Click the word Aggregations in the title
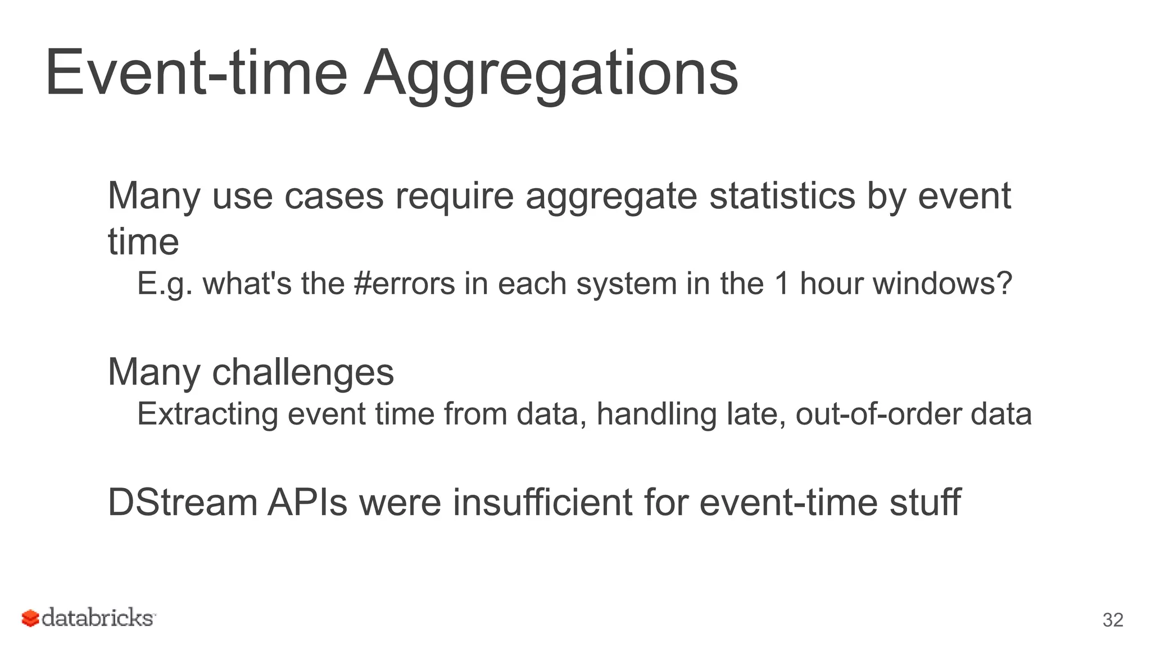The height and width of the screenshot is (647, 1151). coord(551,74)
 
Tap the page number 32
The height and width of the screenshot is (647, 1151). coord(1113,619)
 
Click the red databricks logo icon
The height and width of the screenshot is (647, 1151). coord(30,618)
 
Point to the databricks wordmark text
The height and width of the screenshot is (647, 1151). coord(97,618)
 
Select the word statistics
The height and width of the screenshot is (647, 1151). coord(782,196)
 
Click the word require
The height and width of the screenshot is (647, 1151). coord(454,196)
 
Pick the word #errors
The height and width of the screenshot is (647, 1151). coord(405,283)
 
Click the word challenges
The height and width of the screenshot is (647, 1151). coord(303,372)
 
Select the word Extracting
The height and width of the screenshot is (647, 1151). coord(208,414)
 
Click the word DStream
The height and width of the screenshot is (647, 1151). coord(182,502)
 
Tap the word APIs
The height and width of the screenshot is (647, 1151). coord(307,502)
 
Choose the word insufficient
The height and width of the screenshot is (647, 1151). coord(542,502)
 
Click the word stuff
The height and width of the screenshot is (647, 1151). coord(925,502)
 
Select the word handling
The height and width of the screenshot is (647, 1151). coord(656,414)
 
